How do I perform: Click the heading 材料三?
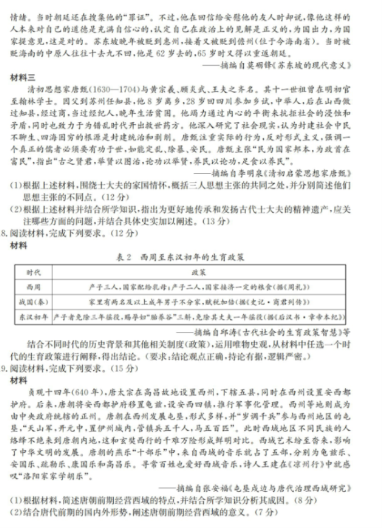[22, 75]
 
